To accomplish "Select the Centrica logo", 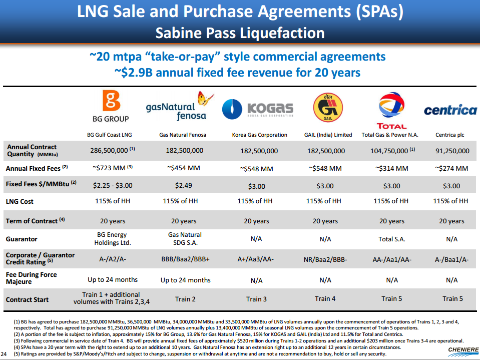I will click(x=450, y=110).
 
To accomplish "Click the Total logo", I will click(x=391, y=111).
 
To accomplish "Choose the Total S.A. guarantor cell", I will click(x=391, y=239).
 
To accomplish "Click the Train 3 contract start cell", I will click(x=257, y=299).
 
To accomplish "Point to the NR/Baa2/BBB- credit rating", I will click(x=325, y=259).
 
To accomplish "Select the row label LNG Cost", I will click(x=20, y=201).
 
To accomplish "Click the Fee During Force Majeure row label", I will click(x=31, y=278).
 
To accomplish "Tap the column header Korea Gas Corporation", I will click(x=259, y=135).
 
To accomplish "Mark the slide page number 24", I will click(x=5, y=354).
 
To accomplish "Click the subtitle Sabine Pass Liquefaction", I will click(x=240, y=33).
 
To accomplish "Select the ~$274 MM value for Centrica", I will click(x=451, y=168).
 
